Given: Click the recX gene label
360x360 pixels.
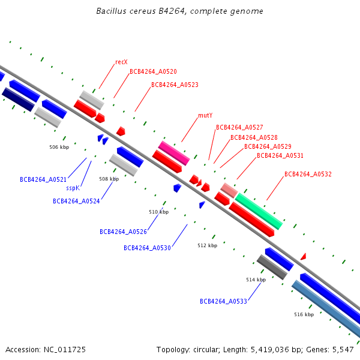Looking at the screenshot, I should pos(121,62).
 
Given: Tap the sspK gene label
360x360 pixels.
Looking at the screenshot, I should pos(73,188).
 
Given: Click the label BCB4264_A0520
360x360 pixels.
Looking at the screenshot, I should pos(153,72).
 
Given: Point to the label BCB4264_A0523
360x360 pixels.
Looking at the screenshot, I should pos(175,85).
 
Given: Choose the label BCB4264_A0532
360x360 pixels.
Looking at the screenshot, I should pos(308,175).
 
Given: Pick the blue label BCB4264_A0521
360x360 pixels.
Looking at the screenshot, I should pos(43,179).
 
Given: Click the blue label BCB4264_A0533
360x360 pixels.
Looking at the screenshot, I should pos(223,301).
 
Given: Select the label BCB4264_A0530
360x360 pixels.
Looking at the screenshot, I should pos(147,248).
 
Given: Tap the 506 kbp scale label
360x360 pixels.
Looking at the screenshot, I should pos(59,146).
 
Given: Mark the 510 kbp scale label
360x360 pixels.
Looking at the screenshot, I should pos(158,212).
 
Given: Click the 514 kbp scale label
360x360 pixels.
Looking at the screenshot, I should pos(256,280).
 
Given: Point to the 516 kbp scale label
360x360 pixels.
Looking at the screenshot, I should pos(304,314).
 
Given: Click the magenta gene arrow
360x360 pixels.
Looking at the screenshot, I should pos(174,153).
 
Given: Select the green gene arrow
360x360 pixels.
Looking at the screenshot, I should pos(259,211).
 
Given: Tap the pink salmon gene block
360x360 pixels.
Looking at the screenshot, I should pos(229,190).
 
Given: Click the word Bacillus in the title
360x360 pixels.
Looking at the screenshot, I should pos(112,11).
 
